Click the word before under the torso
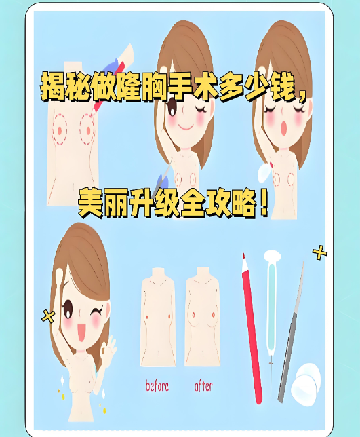click(157, 387)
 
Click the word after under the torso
click(203, 387)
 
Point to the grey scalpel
click(291, 332)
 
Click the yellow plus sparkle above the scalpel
click(319, 253)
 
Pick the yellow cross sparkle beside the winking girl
click(48, 315)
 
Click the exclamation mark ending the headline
click(264, 202)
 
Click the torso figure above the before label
click(157, 316)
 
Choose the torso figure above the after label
click(203, 316)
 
